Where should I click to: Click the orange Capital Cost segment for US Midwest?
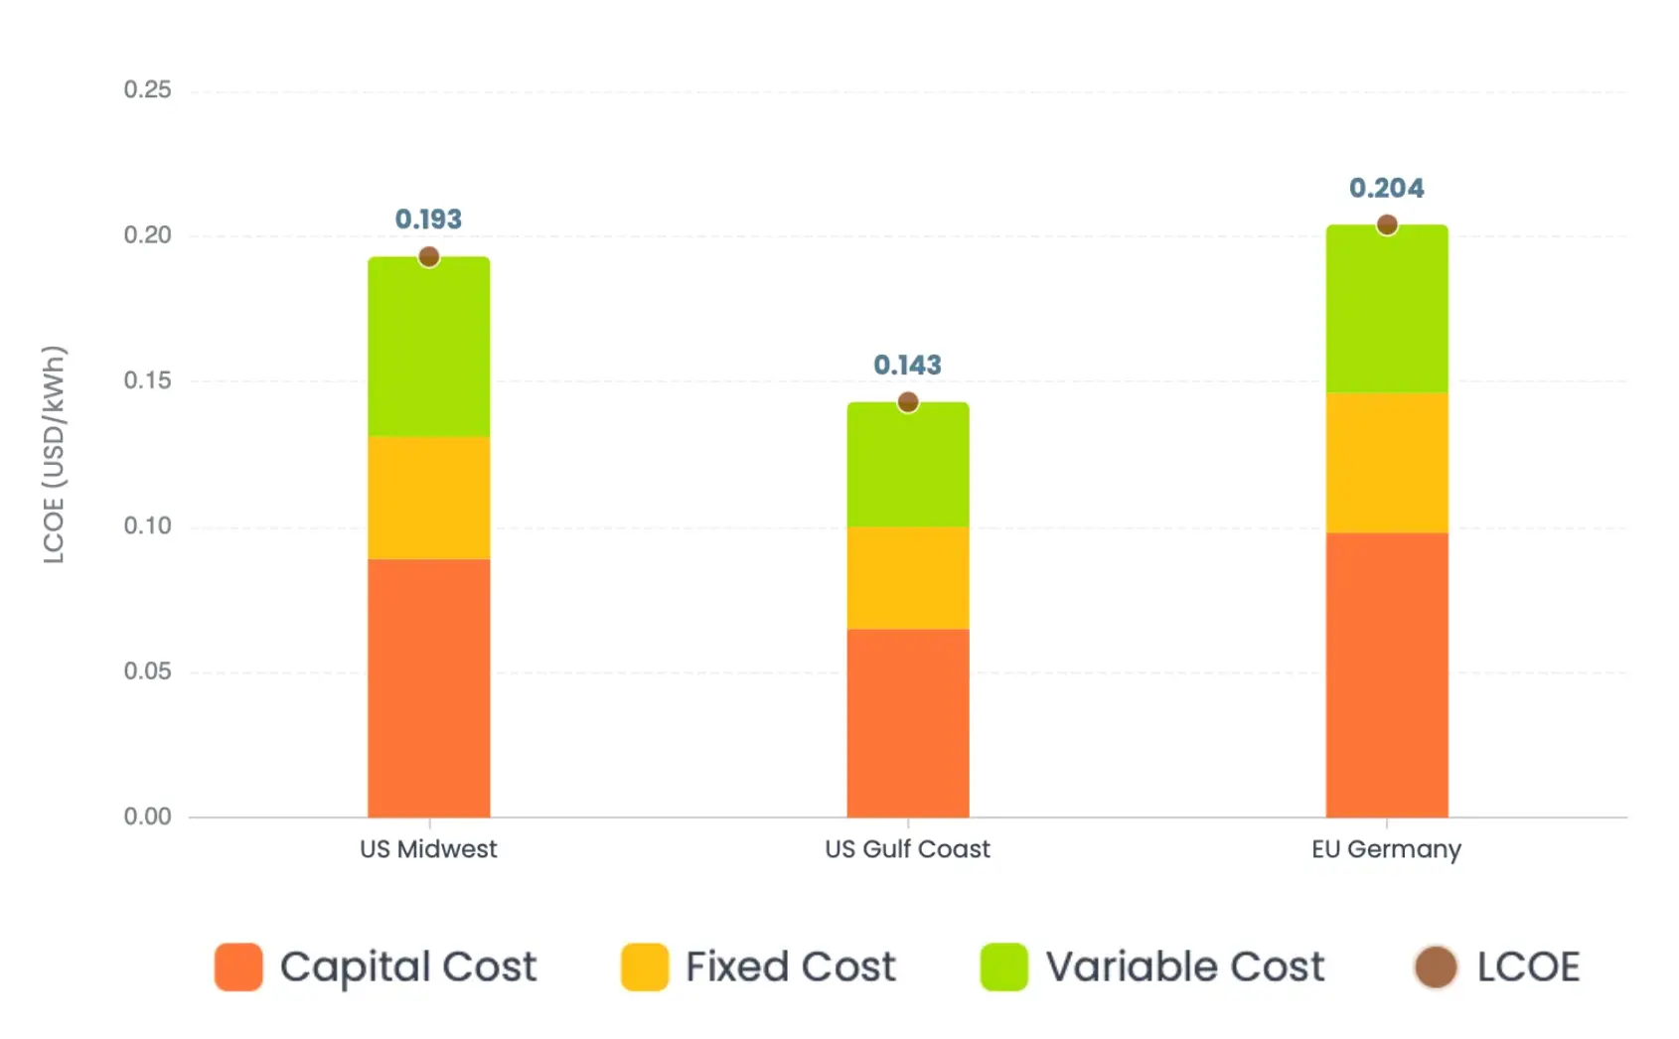[x=429, y=687]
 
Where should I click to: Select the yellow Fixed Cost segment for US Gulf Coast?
[x=908, y=577]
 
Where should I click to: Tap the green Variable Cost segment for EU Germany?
[x=1387, y=309]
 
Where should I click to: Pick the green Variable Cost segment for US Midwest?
[x=429, y=347]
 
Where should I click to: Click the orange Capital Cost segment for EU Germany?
[x=1387, y=674]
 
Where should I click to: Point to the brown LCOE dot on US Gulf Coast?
[x=908, y=402]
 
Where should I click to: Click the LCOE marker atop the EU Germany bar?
[x=1387, y=224]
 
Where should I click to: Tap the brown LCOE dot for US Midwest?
[x=429, y=257]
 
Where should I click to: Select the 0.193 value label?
[x=429, y=219]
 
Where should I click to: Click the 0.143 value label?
[x=908, y=366]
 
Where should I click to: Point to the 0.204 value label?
[x=1387, y=188]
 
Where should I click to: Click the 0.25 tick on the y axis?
[x=148, y=90]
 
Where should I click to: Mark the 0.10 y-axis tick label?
[x=148, y=525]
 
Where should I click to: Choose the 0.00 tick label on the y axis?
[x=148, y=816]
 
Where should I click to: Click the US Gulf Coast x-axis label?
[x=908, y=849]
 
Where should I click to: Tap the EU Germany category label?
[x=1387, y=850]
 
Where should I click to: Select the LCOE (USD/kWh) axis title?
[x=54, y=454]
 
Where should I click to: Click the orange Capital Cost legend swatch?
[x=238, y=967]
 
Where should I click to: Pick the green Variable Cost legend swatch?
[x=1003, y=967]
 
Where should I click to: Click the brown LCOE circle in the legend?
[x=1436, y=967]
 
